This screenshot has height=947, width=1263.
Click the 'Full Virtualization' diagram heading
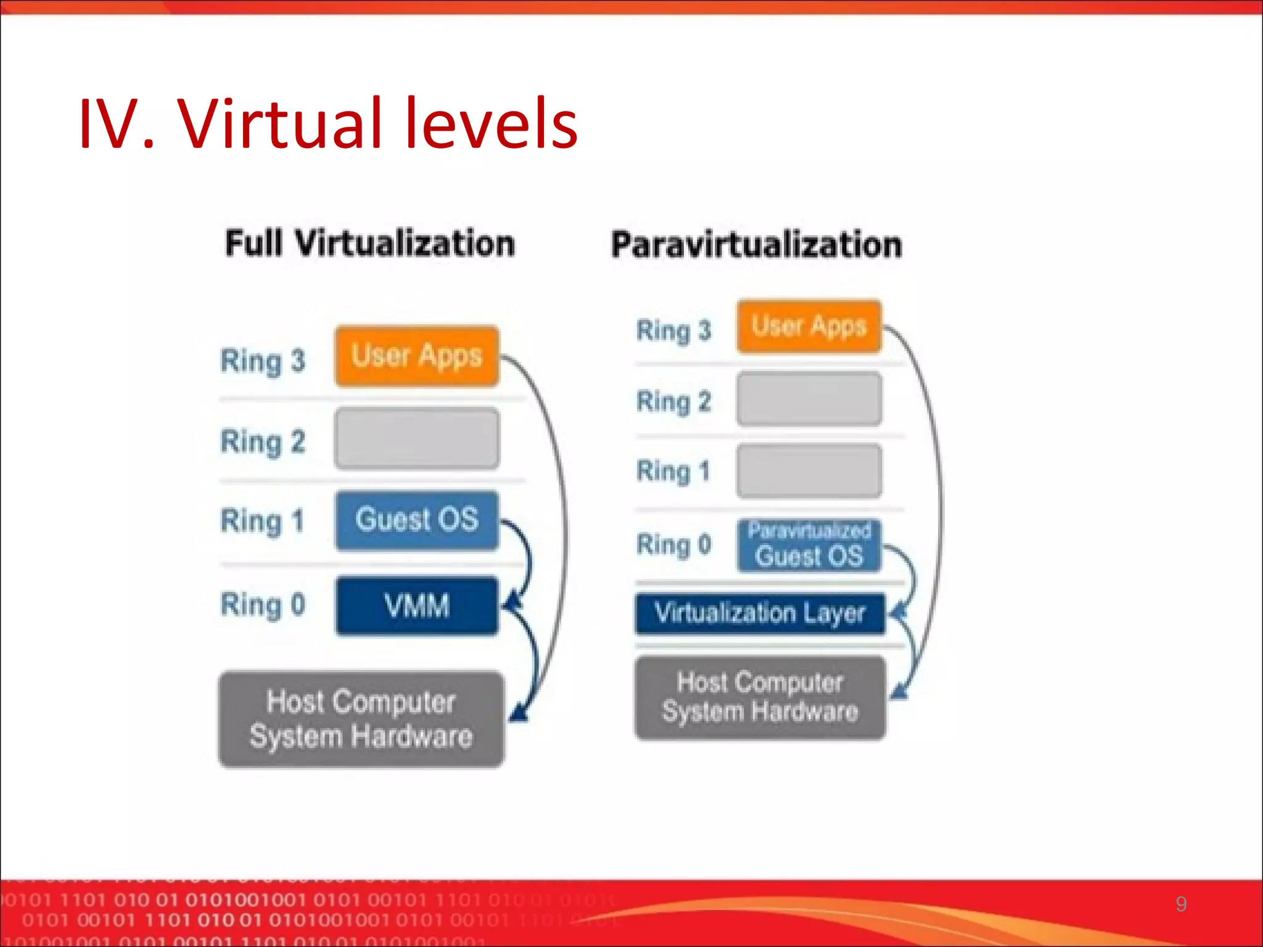tap(370, 243)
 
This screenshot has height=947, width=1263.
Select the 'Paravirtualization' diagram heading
tap(757, 245)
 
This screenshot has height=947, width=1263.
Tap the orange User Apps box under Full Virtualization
tap(417, 356)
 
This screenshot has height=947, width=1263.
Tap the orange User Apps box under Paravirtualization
tap(809, 326)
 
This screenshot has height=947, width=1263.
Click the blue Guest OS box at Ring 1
tap(417, 520)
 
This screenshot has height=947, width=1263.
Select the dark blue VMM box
tap(417, 605)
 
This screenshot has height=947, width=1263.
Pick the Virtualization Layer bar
tap(760, 613)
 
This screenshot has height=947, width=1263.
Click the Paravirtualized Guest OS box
tap(809, 546)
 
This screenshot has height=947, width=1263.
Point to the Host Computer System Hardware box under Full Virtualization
tap(361, 719)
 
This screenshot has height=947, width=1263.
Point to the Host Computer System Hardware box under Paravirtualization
tap(760, 697)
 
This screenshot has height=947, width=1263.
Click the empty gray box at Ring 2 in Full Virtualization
tap(417, 438)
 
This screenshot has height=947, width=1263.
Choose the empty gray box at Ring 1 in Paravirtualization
tap(809, 471)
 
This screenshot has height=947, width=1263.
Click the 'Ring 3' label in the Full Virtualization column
tap(263, 361)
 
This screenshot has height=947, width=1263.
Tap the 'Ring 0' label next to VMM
tap(263, 605)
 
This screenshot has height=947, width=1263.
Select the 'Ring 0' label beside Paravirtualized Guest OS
tap(674, 545)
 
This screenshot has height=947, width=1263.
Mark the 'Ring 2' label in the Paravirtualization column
tap(674, 401)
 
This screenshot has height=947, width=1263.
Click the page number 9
tap(1180, 904)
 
